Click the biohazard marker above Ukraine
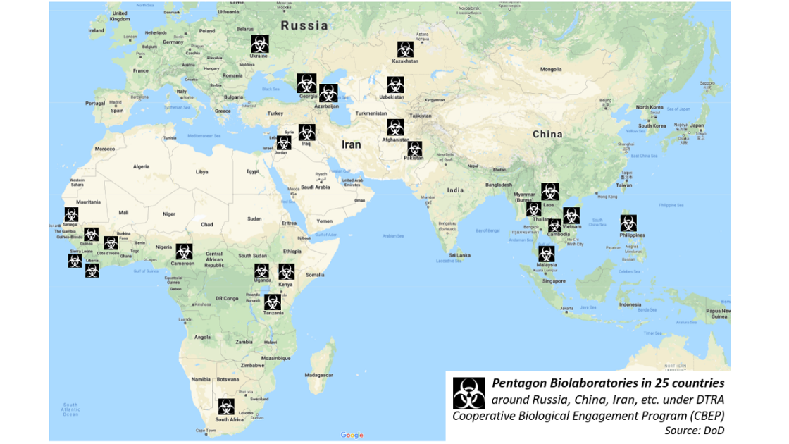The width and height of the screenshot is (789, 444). [x=259, y=43]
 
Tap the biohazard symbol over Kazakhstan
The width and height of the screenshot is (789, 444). [x=404, y=49]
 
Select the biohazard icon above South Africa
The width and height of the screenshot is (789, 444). [x=226, y=407]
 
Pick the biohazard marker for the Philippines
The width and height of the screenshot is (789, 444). [x=628, y=223]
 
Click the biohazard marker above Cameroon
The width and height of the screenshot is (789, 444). [x=184, y=251]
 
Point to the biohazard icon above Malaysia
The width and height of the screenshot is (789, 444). [x=547, y=254]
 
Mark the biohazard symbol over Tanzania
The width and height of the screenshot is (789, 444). [x=273, y=301]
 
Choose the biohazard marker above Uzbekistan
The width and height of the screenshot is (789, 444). [x=395, y=85]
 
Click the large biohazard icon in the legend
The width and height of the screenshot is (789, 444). [x=468, y=393]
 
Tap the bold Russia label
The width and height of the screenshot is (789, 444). [x=304, y=25]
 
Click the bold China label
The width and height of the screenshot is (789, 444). [x=547, y=134]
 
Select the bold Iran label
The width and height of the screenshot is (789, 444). [x=350, y=144]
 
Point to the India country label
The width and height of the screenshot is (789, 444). [x=455, y=190]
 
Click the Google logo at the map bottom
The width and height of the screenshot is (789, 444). [x=352, y=435]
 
